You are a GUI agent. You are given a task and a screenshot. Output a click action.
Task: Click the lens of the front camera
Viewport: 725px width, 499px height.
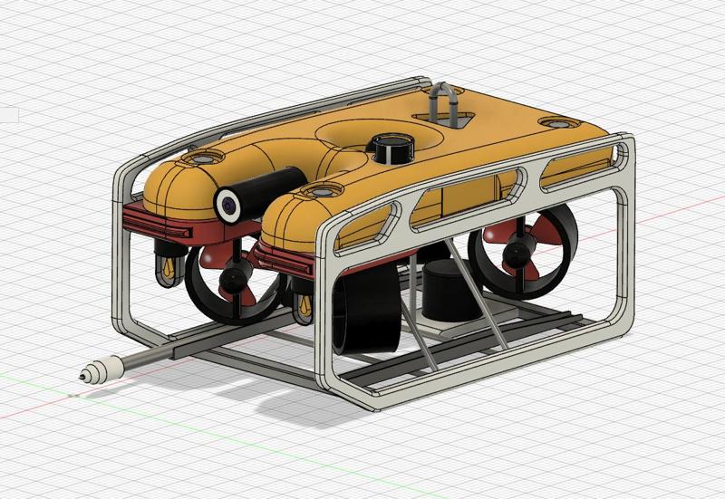(227, 205)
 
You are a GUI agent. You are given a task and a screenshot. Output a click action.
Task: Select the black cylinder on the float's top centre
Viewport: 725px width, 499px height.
(392, 148)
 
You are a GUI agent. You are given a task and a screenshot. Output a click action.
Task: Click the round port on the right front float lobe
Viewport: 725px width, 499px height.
(320, 192)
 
